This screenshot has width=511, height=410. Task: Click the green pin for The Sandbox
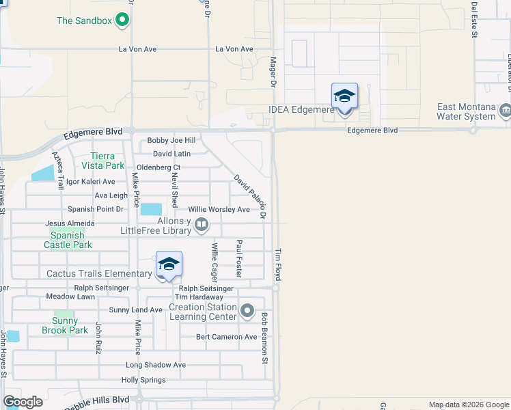pyautogui.click(x=123, y=20)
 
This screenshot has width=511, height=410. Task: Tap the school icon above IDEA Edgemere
pyautogui.click(x=344, y=96)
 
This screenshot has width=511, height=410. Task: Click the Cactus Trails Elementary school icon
pyautogui.click(x=169, y=264)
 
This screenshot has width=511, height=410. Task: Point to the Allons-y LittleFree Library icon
pyautogui.click(x=202, y=225)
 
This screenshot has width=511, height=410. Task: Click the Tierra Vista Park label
pyautogui.click(x=103, y=160)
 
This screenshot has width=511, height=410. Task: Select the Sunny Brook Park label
pyautogui.click(x=64, y=325)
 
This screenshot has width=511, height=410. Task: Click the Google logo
pyautogui.click(x=23, y=402)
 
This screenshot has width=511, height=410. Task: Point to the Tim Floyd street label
pyautogui.click(x=278, y=263)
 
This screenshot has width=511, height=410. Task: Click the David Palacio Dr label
pyautogui.click(x=249, y=197)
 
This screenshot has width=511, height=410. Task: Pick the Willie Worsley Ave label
pyautogui.click(x=219, y=209)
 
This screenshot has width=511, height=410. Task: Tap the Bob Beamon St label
pyautogui.click(x=264, y=338)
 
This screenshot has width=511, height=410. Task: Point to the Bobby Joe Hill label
pyautogui.click(x=171, y=141)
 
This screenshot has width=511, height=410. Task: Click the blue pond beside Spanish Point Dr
pyautogui.click(x=152, y=209)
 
